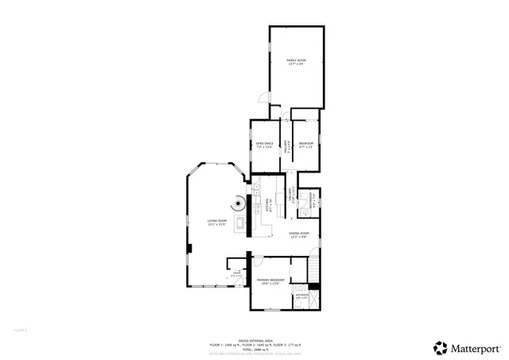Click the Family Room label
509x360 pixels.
(296, 61)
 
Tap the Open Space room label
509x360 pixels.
(264, 145)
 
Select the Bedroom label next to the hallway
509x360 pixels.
(305, 145)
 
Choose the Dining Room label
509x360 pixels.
(298, 235)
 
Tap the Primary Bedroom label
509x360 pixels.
(270, 281)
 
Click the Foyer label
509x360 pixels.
(236, 275)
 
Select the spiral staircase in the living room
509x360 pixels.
(239, 203)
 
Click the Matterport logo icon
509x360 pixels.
(439, 347)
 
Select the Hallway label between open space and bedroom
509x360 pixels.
(286, 145)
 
